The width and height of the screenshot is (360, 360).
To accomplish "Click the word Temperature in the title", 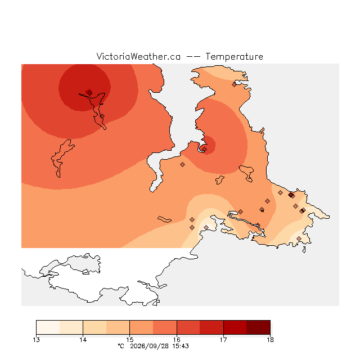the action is click(x=234, y=57).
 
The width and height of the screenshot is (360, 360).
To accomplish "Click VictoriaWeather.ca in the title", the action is click(x=138, y=57).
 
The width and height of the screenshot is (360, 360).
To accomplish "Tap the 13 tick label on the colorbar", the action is click(x=36, y=340).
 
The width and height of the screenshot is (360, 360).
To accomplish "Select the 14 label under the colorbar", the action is click(x=83, y=340).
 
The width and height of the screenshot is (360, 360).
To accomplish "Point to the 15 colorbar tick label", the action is click(x=130, y=340).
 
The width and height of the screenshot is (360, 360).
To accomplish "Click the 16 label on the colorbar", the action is click(x=177, y=340).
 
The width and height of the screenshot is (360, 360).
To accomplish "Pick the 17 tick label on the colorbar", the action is click(x=223, y=340).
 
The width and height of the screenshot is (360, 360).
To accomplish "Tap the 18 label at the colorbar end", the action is click(x=270, y=340).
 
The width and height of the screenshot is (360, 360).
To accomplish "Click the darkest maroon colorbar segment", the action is click(x=258, y=327).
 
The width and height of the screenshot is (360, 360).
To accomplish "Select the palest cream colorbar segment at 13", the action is click(x=48, y=327).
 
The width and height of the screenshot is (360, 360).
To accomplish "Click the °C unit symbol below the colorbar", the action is click(x=121, y=346).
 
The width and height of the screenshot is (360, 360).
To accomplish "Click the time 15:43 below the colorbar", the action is click(x=181, y=346).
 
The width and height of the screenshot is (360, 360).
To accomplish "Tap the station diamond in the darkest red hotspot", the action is click(x=90, y=93).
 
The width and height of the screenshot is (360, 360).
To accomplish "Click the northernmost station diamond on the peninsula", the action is click(x=234, y=85).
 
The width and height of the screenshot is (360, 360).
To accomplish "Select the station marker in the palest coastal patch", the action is click(x=206, y=227).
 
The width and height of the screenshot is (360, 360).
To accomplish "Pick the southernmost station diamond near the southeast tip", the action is click(x=299, y=238).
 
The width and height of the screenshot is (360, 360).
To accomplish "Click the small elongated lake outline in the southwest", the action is click(x=164, y=219).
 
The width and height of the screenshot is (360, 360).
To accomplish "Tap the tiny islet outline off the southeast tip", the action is click(x=304, y=250).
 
